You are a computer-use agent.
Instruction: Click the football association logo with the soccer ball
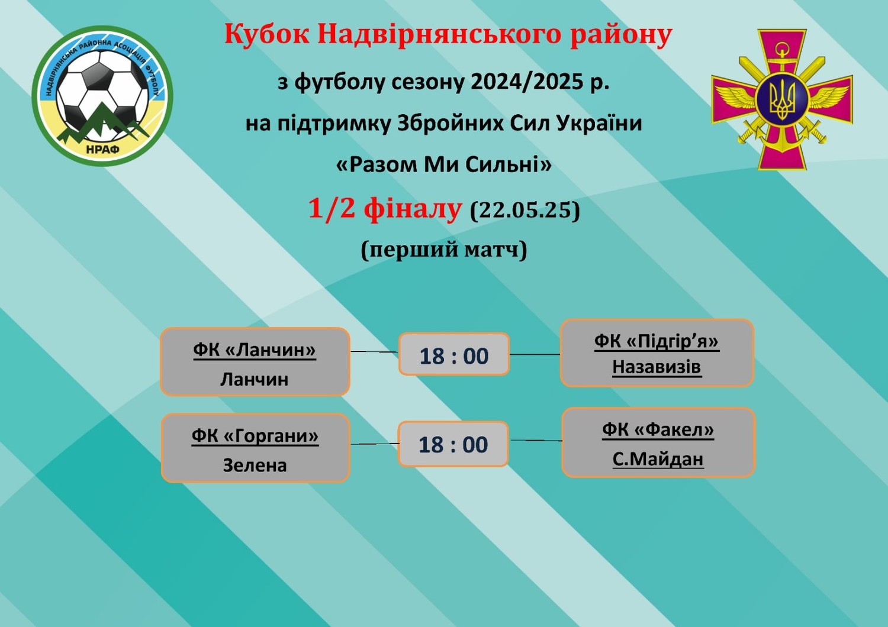pos(102,96)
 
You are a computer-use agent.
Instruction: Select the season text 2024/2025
pos(525,82)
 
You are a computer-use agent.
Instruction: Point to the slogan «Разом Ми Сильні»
pos(444,164)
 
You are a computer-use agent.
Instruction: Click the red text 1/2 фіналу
pos(385,208)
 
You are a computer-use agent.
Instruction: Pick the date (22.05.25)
pos(525,209)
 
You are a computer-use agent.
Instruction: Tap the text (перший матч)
pos(444,250)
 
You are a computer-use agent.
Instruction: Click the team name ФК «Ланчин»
pos(255,350)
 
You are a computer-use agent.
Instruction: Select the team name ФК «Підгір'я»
pos(657,341)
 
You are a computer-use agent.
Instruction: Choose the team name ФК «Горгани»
pos(255,436)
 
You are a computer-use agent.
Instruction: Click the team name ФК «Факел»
pos(658,429)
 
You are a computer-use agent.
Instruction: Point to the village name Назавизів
pos(657,367)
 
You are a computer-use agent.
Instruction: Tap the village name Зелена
pos(255,465)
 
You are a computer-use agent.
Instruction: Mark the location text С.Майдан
pos(658,459)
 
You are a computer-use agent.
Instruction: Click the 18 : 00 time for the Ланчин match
pos(454,355)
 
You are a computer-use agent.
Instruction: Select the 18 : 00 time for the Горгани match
pos(453,444)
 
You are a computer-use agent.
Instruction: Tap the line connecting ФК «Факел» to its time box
pos(536,441)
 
